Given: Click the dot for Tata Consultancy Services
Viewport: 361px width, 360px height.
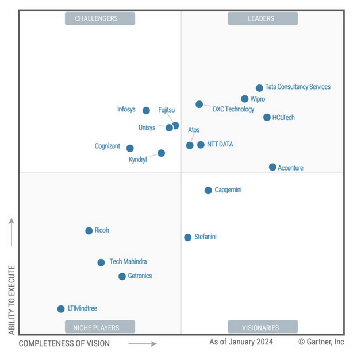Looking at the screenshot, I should click(259, 88).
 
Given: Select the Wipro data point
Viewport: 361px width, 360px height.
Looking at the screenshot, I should click(245, 99).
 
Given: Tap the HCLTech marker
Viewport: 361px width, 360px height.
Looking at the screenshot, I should click(267, 117).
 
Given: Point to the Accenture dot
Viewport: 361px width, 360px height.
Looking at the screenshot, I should click(272, 167).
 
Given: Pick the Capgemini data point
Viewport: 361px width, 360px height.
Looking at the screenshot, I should click(208, 190).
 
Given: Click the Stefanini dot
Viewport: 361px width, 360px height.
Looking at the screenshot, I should click(187, 237).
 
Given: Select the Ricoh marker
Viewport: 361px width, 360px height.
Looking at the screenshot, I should click(89, 231).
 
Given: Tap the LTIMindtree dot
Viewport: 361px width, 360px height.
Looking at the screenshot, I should click(61, 309).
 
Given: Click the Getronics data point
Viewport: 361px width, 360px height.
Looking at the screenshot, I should click(122, 276).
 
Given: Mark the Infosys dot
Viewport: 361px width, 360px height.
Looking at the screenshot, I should click(146, 110).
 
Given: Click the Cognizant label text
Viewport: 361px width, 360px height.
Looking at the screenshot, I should click(107, 146).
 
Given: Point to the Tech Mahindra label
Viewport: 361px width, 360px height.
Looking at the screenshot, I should click(128, 262).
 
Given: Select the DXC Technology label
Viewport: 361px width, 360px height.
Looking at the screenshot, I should click(233, 109).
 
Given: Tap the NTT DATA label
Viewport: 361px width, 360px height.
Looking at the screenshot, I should click(220, 145).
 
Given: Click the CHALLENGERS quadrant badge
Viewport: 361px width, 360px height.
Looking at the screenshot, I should click(100, 18).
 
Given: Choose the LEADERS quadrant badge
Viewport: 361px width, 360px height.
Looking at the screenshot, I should click(263, 18).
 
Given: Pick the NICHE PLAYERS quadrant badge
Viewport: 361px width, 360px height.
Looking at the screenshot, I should click(100, 327).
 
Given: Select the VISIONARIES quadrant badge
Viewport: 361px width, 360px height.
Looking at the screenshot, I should click(263, 327).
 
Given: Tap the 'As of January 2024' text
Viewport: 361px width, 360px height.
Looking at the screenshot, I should click(241, 342).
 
